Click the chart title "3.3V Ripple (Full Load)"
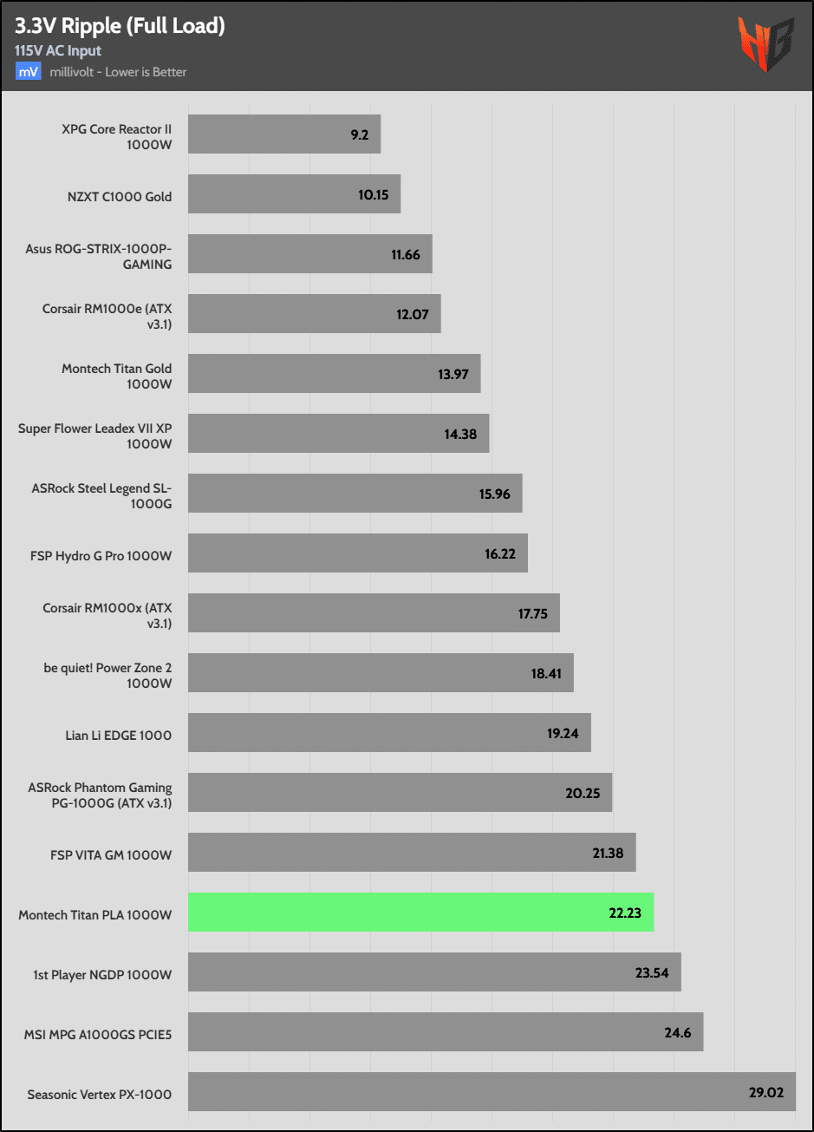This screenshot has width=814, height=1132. tap(120, 26)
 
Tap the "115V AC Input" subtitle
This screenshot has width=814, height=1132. tap(58, 50)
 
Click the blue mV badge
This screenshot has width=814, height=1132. tap(28, 72)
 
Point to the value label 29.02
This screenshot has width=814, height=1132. tap(765, 1092)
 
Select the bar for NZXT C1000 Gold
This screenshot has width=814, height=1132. tap(294, 194)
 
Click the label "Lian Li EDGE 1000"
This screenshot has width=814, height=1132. tap(113, 735)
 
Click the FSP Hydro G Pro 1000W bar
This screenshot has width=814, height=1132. tap(357, 553)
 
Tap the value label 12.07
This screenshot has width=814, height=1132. tap(413, 314)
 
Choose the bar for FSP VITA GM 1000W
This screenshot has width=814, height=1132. tap(412, 853)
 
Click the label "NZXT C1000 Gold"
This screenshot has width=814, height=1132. tap(119, 196)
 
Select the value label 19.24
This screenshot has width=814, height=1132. tap(563, 733)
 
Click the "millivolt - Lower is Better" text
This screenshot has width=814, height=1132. tap(118, 72)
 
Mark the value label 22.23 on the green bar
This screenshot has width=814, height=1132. tap(625, 913)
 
